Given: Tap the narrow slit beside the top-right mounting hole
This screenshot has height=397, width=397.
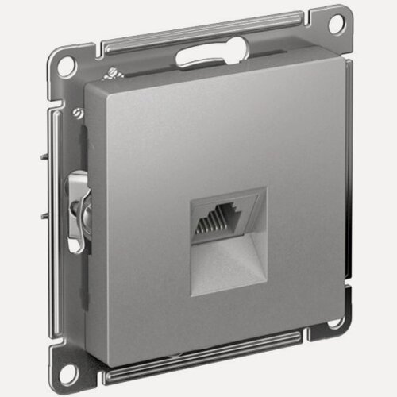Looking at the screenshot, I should coord(308,31).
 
